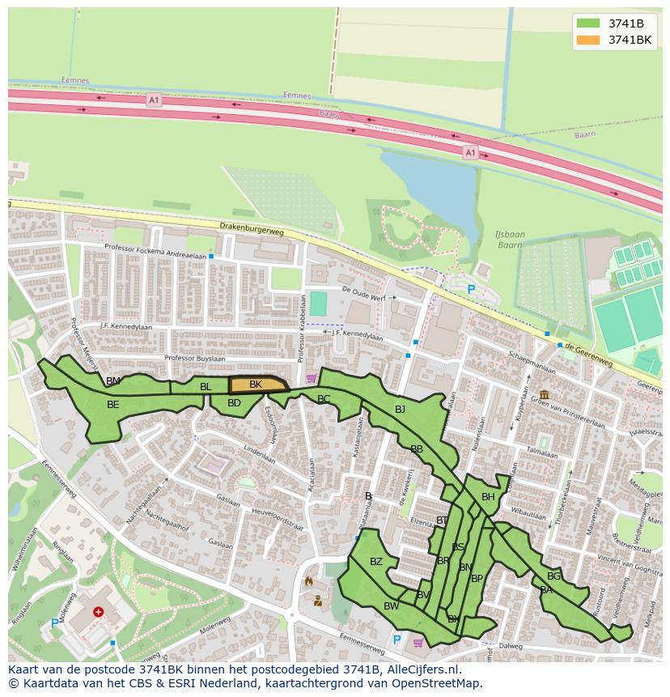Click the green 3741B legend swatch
[589, 23]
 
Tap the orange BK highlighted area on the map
[257, 385]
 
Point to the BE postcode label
[113, 405]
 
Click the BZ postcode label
[375, 562]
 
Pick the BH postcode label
[488, 497]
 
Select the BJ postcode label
[400, 410]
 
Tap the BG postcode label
[553, 576]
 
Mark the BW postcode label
[391, 606]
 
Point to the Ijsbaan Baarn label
[510, 240]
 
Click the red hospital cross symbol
[99, 613]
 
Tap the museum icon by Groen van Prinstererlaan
[543, 394]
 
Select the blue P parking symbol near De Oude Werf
[471, 290]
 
